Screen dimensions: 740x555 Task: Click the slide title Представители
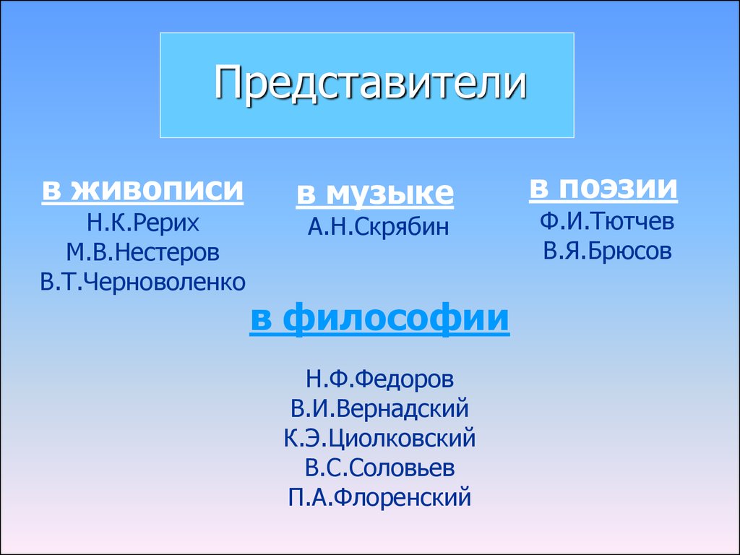tap(370, 84)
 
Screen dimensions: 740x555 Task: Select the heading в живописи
tap(142, 190)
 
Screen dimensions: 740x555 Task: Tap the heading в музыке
tap(375, 194)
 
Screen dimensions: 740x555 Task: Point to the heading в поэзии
tap(603, 188)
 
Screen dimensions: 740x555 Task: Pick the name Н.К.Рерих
tap(142, 223)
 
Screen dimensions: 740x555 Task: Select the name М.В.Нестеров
tap(142, 252)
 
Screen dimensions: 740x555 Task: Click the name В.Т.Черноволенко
tap(142, 283)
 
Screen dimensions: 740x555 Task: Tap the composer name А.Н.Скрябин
tap(378, 227)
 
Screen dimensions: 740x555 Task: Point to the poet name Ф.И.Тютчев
tap(607, 221)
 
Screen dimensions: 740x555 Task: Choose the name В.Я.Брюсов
tap(607, 251)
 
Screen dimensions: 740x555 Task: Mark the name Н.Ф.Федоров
tap(379, 379)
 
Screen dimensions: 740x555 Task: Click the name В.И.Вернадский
tap(379, 409)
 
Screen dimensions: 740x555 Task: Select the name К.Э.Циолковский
tap(379, 439)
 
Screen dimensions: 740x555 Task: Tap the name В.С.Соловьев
tap(379, 468)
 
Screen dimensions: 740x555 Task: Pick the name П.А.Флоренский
tap(379, 498)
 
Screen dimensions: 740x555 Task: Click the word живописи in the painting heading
tap(158, 190)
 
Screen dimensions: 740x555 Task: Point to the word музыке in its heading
tap(390, 194)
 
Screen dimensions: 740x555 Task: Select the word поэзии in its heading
tap(619, 188)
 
